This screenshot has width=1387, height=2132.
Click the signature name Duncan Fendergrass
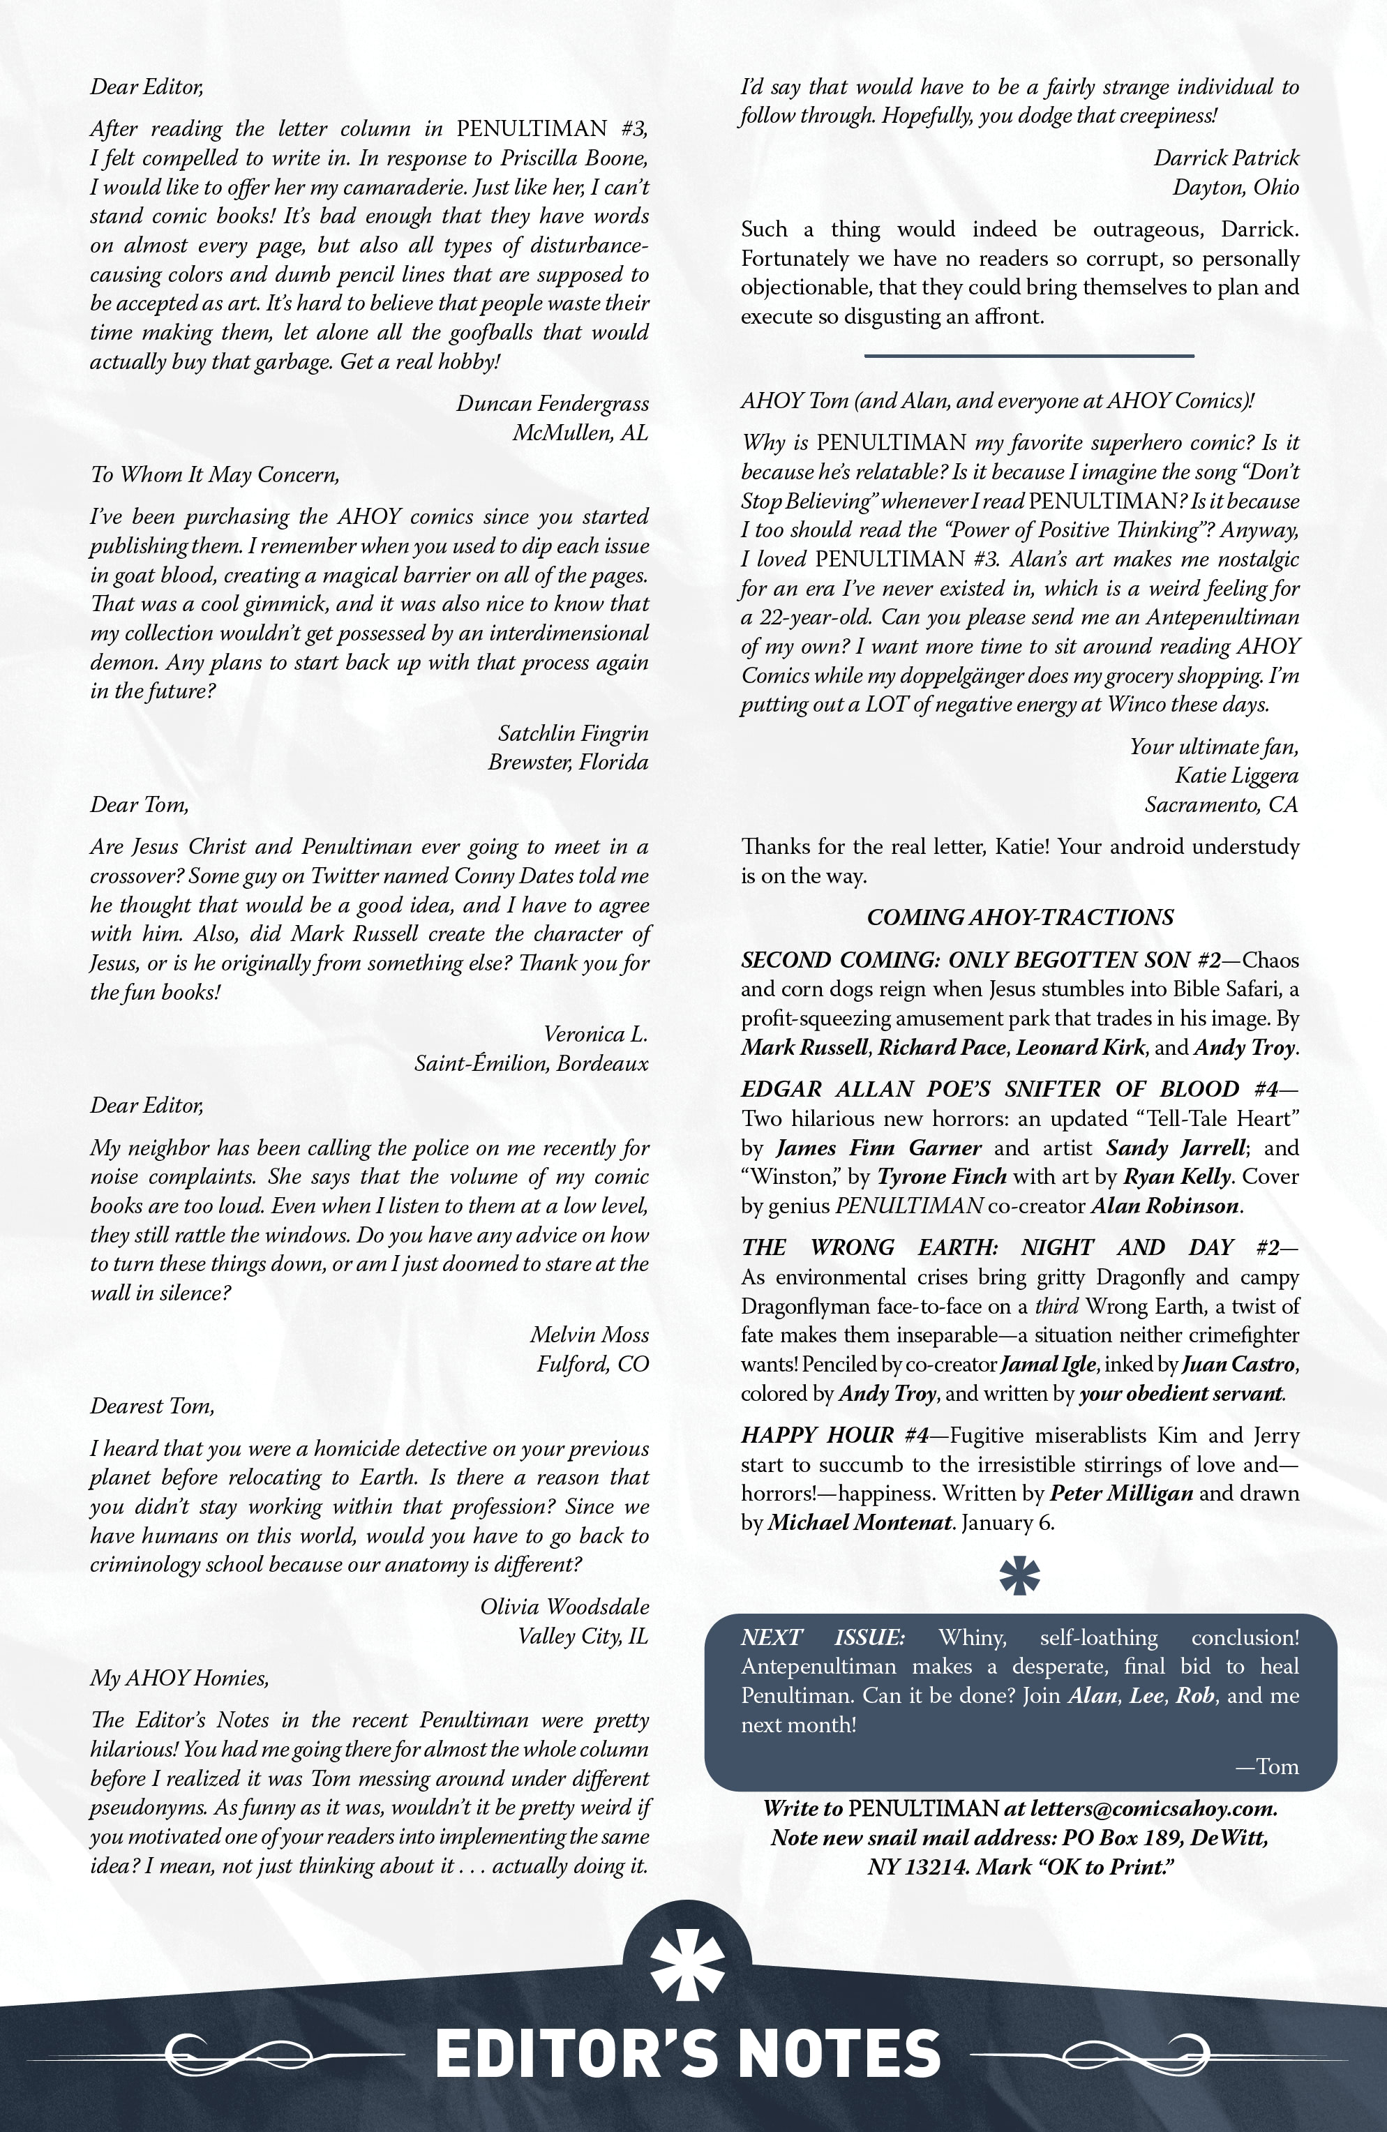click(x=552, y=404)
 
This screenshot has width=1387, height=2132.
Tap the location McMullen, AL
click(x=580, y=433)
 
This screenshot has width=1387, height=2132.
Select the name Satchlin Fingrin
click(x=573, y=734)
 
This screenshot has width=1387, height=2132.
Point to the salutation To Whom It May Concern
click(x=214, y=475)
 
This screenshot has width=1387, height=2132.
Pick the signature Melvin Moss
click(x=589, y=1335)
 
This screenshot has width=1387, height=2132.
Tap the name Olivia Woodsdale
click(x=564, y=1607)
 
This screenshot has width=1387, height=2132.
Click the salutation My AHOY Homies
click(x=179, y=1678)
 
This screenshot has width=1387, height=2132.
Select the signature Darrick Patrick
click(x=1225, y=158)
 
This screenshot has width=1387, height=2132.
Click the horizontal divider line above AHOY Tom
click(x=1028, y=356)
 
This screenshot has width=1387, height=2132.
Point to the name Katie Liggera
click(x=1236, y=776)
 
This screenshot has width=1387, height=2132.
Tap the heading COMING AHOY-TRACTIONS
click(x=1019, y=917)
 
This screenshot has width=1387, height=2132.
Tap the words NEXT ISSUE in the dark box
click(x=822, y=1637)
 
